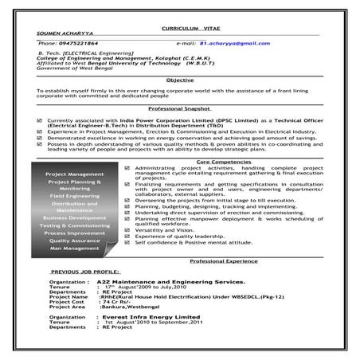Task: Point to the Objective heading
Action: point(180,80)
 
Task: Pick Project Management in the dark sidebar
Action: point(75,174)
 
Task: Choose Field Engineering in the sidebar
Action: point(75,194)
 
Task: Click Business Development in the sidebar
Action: point(75,217)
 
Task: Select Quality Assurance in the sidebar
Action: point(75,240)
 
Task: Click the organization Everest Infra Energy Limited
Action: point(147,316)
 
